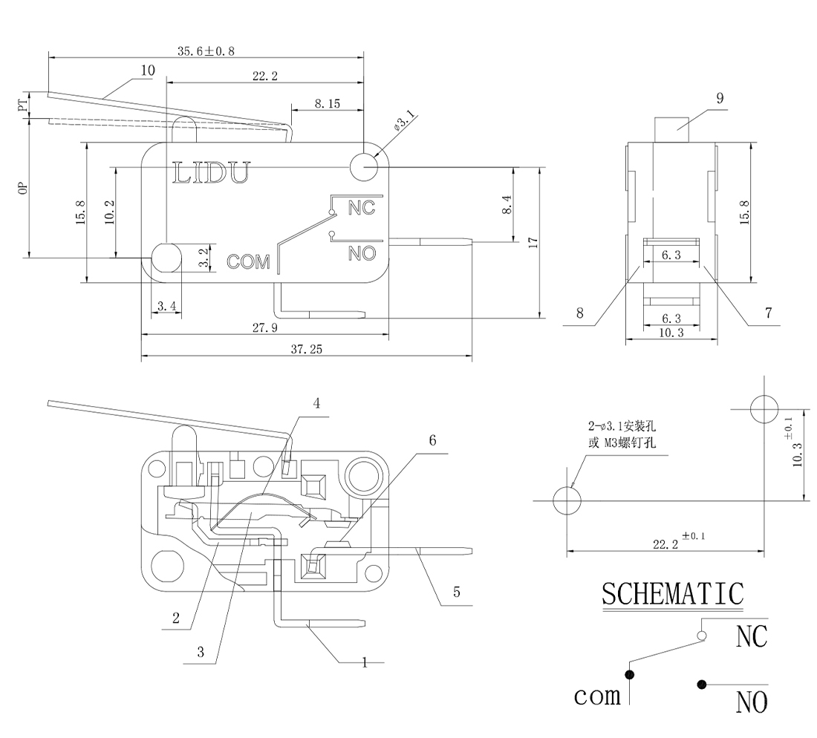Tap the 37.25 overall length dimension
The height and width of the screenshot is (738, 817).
pos(305,349)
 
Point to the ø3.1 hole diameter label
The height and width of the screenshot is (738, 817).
pos(405,122)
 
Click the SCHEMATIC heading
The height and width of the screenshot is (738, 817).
pos(672,594)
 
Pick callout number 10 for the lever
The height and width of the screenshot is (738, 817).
pos(146,71)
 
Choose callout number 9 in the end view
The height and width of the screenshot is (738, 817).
pos(720,97)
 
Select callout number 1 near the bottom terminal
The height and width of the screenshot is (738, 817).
pos(364,662)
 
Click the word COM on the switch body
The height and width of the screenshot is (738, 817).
pos(249,262)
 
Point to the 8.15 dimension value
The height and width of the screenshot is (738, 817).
pos(327,105)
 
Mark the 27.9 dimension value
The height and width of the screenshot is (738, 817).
pos(264,328)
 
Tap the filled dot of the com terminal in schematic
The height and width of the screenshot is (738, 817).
pos(630,674)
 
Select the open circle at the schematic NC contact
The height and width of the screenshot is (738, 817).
pos(701,636)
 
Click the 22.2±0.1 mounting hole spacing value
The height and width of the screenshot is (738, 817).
pos(669,542)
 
